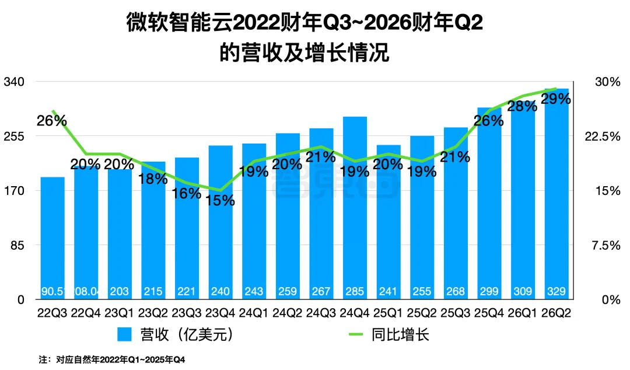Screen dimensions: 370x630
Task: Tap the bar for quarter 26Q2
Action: pos(556,193)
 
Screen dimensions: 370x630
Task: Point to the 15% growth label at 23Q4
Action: pos(220,200)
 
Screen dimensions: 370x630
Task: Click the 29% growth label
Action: pos(556,99)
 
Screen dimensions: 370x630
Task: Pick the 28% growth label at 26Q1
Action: pos(522,106)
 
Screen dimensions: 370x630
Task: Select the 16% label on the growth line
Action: pos(187,193)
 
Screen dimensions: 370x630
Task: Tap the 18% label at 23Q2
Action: pos(153,179)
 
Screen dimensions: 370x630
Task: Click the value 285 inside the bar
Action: pos(355,291)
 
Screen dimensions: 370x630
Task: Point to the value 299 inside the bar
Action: pos(489,291)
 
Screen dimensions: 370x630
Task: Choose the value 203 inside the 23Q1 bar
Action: pos(120,291)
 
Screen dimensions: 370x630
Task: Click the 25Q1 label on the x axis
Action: pos(388,313)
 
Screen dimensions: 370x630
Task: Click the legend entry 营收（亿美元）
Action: pos(176,334)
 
